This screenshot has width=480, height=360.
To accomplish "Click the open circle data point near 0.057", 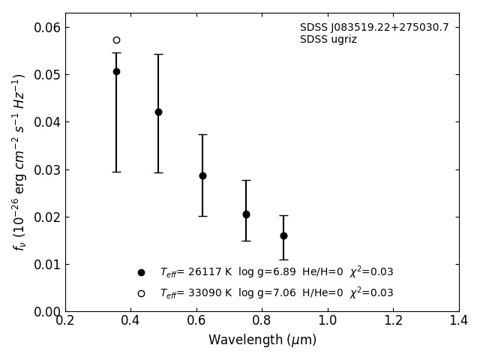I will click(116, 40).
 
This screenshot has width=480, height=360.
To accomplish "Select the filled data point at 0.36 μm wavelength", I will click(116, 72).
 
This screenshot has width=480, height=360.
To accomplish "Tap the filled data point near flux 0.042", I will click(158, 112).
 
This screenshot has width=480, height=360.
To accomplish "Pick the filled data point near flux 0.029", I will click(202, 175).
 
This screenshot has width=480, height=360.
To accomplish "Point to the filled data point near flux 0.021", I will click(246, 214).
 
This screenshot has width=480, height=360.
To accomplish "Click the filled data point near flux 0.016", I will click(283, 235).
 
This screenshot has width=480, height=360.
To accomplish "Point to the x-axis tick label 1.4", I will click(458, 321).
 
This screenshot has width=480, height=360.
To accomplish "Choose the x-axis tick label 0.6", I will click(196, 321).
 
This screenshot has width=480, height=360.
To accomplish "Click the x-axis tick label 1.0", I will click(328, 321).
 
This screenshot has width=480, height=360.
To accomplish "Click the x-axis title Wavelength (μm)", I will click(262, 340).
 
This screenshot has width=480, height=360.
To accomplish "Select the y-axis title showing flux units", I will click(19, 162).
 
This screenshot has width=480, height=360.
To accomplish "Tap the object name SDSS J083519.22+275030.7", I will click(374, 28).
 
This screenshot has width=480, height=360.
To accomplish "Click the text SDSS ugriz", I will click(328, 40).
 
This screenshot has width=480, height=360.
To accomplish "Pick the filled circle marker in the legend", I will click(141, 273).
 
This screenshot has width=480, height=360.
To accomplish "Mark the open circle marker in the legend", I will click(141, 294).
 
